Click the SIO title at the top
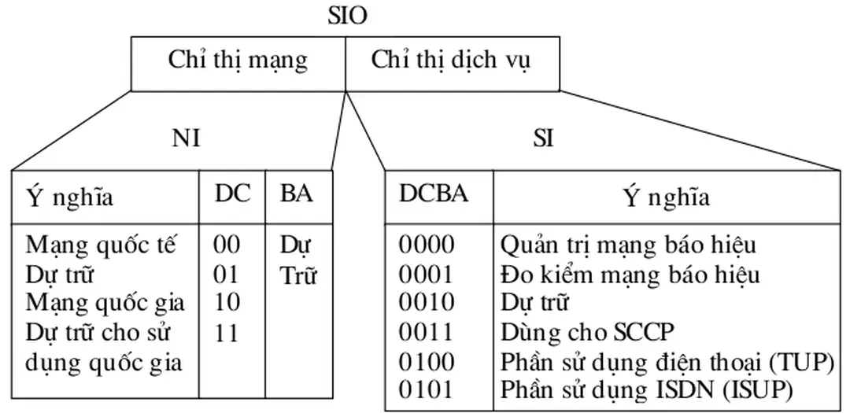click(x=347, y=16)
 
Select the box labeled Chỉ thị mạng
click(x=238, y=61)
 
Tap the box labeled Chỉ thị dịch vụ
click(x=452, y=61)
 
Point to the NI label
click(x=186, y=138)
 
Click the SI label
click(x=543, y=138)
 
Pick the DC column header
click(x=233, y=194)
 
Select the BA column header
click(x=297, y=194)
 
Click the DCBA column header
click(x=434, y=194)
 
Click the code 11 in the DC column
click(x=227, y=333)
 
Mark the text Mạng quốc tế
click(x=100, y=245)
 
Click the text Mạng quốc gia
click(x=105, y=303)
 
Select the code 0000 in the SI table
click(x=427, y=245)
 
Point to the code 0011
click(x=427, y=332)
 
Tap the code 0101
click(x=427, y=389)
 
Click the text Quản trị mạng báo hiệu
click(x=628, y=245)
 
